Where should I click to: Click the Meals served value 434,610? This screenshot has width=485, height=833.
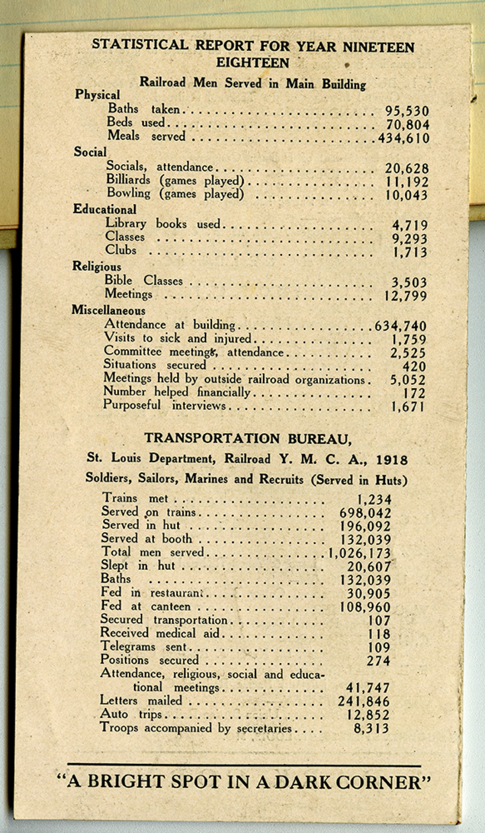(x=404, y=138)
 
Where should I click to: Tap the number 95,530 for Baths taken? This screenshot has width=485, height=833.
(x=407, y=111)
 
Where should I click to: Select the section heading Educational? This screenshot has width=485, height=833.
(x=104, y=209)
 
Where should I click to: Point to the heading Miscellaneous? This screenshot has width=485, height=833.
(x=108, y=310)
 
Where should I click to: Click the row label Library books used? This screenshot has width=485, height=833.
(x=162, y=224)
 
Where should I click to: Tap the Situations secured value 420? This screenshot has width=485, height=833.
(x=414, y=366)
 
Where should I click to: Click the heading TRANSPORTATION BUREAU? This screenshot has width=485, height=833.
(x=248, y=439)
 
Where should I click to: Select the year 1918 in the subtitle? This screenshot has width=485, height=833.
(x=392, y=460)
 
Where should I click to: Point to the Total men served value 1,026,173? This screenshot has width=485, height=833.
(x=360, y=553)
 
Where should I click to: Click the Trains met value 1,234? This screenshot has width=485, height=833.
(x=374, y=500)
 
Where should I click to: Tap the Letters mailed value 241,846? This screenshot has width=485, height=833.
(x=363, y=702)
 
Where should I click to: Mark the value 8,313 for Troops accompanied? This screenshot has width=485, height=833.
(x=371, y=728)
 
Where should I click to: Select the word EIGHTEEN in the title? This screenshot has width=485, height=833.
(x=253, y=63)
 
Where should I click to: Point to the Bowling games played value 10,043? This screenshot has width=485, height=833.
(x=406, y=195)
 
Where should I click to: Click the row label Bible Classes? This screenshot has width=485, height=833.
(x=143, y=281)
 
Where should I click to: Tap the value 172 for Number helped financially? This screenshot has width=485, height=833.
(x=414, y=393)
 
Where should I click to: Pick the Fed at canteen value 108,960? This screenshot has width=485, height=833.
(x=365, y=607)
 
